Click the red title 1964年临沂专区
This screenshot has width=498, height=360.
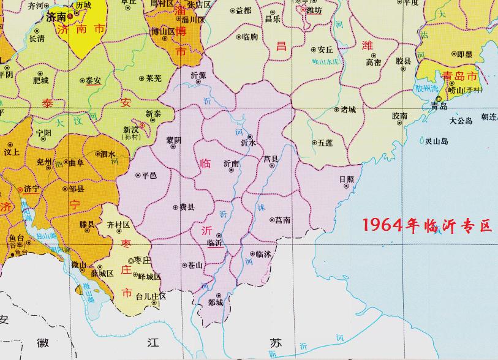[427, 225]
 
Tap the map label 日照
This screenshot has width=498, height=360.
[346, 179]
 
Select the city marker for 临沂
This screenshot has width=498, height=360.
[219, 235]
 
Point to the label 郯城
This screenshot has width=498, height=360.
[215, 302]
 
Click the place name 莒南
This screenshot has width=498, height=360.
[282, 219]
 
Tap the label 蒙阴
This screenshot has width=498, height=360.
[174, 140]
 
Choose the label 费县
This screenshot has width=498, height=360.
[186, 207]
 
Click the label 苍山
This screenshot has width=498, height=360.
[195, 265]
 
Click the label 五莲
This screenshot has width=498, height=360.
[325, 143]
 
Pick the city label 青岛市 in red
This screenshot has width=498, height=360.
[459, 77]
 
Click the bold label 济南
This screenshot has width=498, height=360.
[56, 18]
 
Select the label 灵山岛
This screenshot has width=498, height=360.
[437, 141]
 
